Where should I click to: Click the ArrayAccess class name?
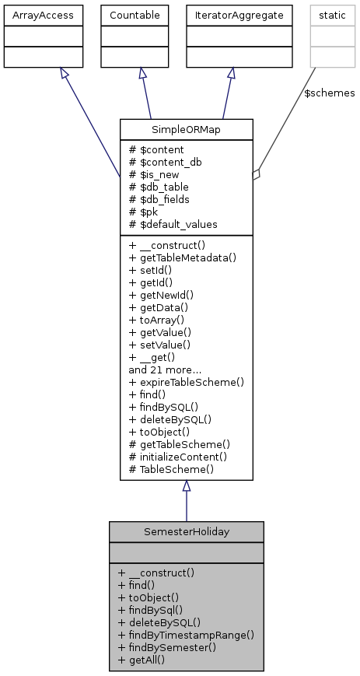coord(33,14)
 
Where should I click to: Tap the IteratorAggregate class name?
coord(231,14)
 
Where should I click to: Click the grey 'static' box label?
coord(328,14)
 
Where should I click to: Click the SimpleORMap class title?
coord(187,128)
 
